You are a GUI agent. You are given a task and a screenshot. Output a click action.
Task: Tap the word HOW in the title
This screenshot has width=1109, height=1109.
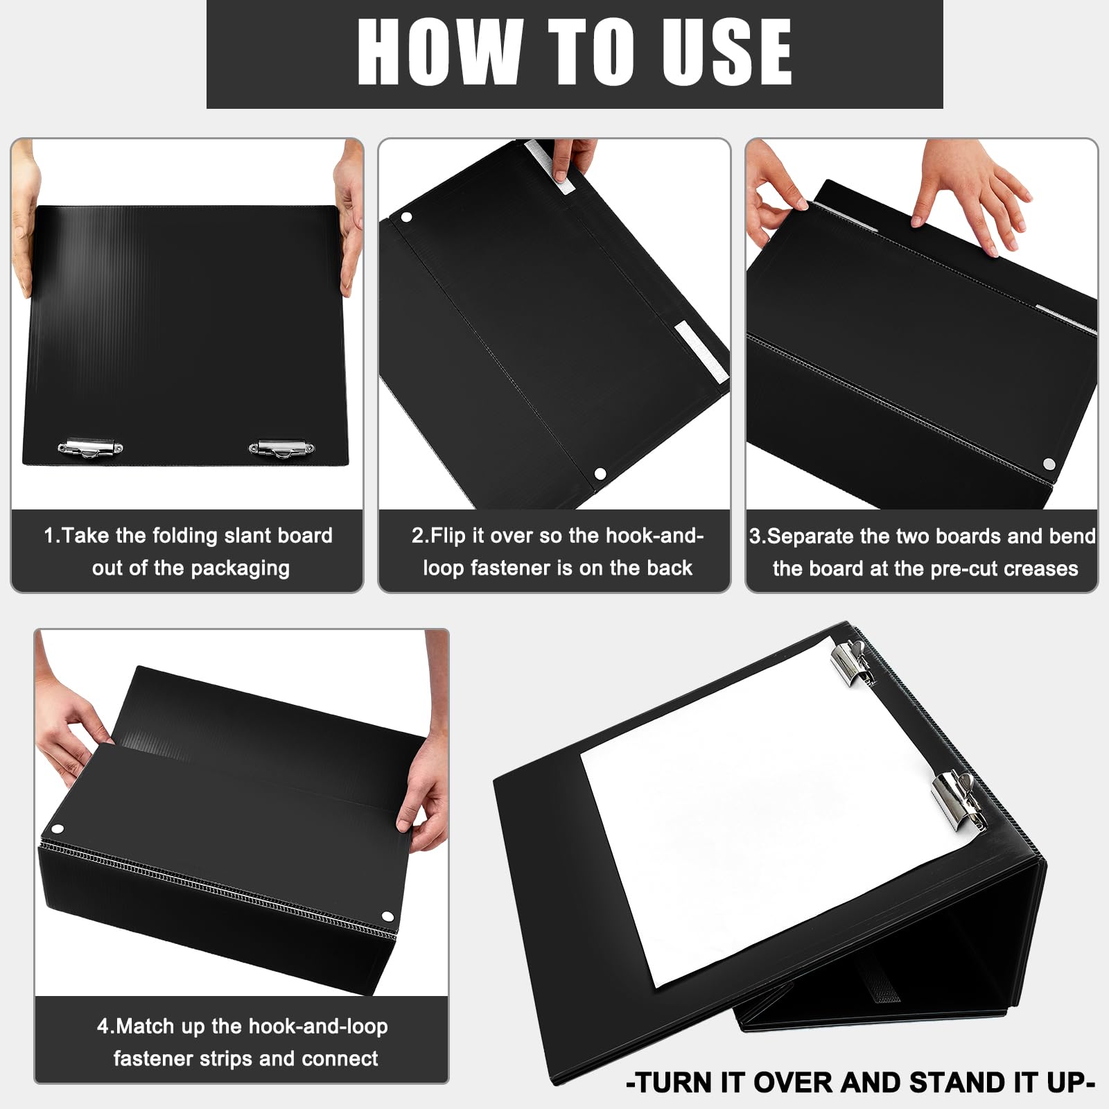pos(439,52)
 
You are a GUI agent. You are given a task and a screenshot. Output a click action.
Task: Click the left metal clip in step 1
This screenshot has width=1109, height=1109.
pos(90,448)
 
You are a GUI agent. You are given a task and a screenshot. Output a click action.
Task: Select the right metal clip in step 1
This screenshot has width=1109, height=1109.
pos(281,448)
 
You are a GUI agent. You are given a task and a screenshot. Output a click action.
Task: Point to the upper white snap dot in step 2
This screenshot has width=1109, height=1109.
pos(407,218)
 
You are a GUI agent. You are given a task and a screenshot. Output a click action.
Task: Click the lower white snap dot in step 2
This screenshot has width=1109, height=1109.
pos(600,474)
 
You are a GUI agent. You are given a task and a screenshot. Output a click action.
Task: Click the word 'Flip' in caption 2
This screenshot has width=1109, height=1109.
pos(448,536)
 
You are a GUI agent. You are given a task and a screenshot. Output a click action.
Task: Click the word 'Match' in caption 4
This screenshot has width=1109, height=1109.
pos(146,1026)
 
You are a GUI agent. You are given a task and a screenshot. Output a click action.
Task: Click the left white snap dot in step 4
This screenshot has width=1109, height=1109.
pos(57,829)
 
